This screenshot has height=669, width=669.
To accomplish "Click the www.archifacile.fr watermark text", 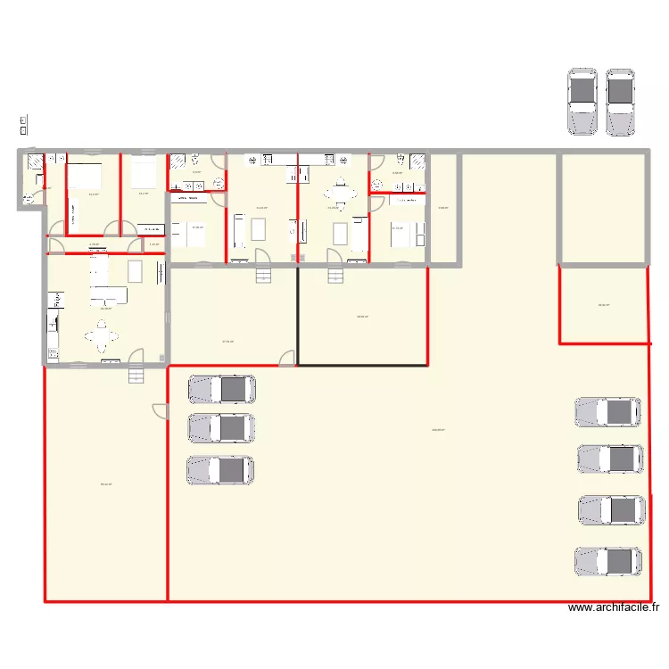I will click(614, 608).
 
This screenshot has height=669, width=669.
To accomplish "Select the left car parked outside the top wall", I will click(582, 102).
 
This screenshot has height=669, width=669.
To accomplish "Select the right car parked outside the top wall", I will click(621, 102).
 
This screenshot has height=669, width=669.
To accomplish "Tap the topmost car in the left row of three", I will click(221, 389).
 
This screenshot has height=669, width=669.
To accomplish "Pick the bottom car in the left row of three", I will click(220, 470).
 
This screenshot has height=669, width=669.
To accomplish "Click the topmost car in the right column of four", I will click(609, 411).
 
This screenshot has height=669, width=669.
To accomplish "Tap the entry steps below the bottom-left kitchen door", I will click(136, 376).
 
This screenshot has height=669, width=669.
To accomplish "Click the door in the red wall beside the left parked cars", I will click(161, 411).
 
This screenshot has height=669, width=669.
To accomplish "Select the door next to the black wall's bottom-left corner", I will click(288, 358).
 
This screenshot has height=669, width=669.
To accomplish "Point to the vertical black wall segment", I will click(297, 316).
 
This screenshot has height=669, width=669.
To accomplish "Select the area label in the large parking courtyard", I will click(437, 430).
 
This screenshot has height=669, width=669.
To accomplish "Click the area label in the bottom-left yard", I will click(105, 484).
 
